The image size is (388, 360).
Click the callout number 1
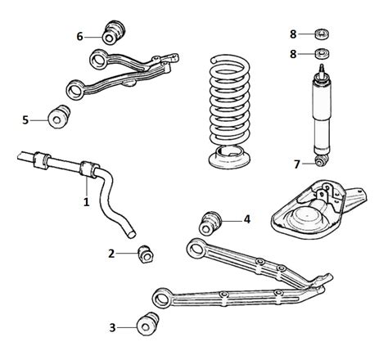click(86, 202)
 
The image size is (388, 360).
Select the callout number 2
click(111, 254)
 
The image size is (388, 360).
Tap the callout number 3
click(112, 327)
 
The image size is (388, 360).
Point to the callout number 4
click(247, 219)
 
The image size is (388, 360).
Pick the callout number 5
click(25, 120)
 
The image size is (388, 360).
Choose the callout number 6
click(79, 36)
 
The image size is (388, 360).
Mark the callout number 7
click(297, 164)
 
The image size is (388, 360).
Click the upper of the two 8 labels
click(293, 34)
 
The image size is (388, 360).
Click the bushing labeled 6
click(114, 32)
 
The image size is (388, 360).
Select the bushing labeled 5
click(59, 117)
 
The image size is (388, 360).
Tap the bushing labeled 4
click(210, 223)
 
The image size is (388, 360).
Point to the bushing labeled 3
click(148, 323)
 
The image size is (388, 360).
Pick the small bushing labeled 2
click(146, 254)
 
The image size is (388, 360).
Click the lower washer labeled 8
click(322, 53)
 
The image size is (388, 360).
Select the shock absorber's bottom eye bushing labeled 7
click(321, 160)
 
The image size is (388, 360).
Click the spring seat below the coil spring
click(229, 157)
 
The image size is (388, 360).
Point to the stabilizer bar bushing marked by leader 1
click(89, 169)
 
